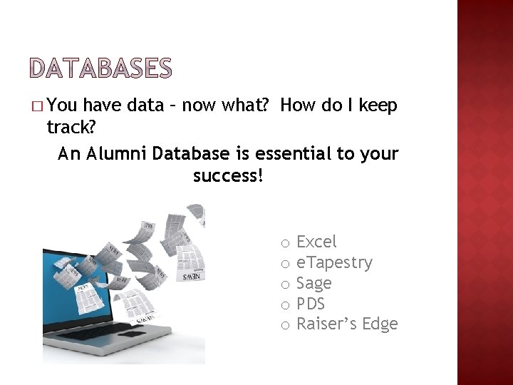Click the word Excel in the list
[316, 242]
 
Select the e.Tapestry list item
[334, 263]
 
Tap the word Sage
[314, 284]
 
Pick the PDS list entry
[311, 304]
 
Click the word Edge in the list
[380, 325]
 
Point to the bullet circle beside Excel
[284, 243]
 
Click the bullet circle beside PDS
[284, 305]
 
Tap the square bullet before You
[37, 107]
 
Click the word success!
[228, 175]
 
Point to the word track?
[71, 128]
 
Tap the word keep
[378, 106]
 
